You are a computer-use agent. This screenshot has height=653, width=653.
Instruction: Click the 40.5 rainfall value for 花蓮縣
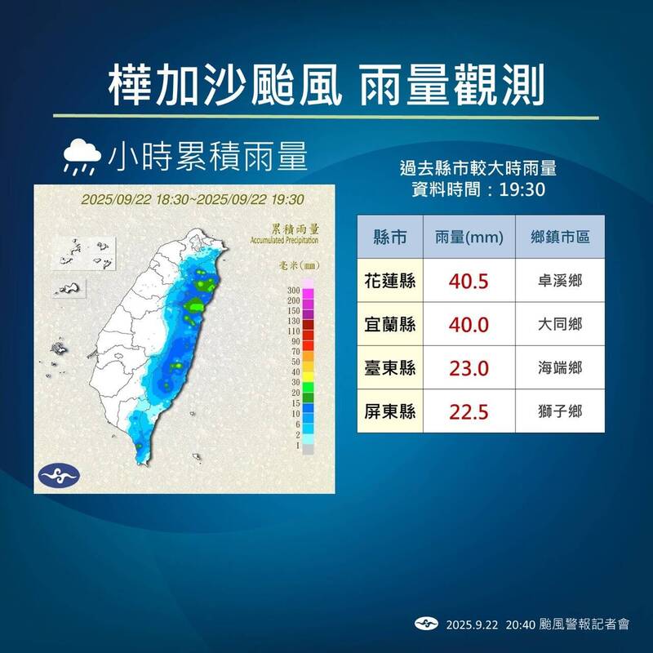coord(469,281)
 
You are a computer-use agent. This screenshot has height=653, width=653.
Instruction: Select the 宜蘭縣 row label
coord(390,324)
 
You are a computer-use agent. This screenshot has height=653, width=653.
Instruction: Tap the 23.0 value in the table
coord(469,368)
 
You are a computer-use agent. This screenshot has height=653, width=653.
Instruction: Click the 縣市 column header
coord(390,237)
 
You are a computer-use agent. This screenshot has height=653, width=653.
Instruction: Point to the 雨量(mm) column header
coord(469,237)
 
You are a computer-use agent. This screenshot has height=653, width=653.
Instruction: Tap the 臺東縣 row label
coord(390,368)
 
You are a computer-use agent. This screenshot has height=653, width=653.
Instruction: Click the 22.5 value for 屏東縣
coord(469,412)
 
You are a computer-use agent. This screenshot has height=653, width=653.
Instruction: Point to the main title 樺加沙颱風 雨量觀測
coord(326,79)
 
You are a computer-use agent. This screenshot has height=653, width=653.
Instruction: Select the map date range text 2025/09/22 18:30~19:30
coord(193,199)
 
